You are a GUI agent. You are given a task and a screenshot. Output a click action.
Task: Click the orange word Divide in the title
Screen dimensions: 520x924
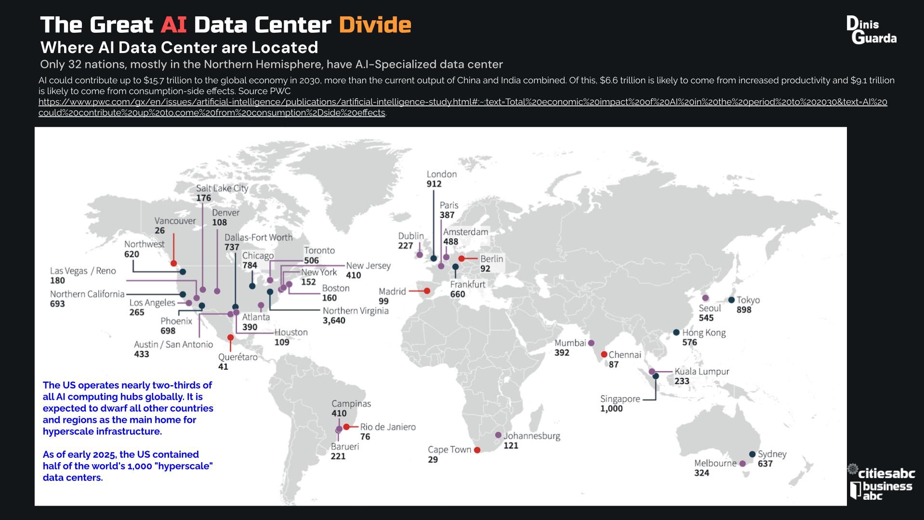(x=374, y=25)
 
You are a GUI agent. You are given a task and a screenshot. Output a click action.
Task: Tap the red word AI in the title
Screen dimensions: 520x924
(x=173, y=25)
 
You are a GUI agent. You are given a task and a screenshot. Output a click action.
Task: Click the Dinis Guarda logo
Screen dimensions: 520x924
(x=871, y=30)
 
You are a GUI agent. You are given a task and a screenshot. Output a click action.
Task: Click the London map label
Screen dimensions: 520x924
(x=441, y=174)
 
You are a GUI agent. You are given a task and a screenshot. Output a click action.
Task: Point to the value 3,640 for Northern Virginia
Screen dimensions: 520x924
(x=334, y=321)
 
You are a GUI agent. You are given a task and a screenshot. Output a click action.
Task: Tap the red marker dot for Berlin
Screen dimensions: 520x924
(x=462, y=259)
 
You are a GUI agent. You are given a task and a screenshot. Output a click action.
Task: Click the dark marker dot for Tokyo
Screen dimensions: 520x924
(x=731, y=300)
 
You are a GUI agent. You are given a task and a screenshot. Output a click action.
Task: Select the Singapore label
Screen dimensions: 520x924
(x=620, y=399)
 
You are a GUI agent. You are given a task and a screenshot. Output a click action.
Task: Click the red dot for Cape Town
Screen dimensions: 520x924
(x=477, y=450)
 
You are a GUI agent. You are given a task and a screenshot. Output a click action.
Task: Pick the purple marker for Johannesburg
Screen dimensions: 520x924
(x=498, y=435)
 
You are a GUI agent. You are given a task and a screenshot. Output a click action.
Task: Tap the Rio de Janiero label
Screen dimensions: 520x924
(x=387, y=427)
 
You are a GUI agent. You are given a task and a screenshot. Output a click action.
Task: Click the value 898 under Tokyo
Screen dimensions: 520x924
(x=743, y=310)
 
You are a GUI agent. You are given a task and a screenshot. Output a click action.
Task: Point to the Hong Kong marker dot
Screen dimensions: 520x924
(x=676, y=332)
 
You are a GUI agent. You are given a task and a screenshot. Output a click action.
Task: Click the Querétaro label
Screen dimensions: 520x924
(x=238, y=357)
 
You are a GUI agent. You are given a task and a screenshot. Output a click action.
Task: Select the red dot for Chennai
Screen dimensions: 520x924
(x=604, y=354)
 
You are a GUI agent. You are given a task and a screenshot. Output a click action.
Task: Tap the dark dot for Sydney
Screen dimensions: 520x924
(x=752, y=454)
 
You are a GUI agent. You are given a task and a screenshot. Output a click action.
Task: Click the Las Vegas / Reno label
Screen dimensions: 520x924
(x=83, y=271)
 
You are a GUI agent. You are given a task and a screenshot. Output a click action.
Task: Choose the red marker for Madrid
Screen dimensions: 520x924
(x=427, y=291)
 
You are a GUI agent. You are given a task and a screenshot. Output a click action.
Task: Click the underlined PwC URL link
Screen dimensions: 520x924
(x=462, y=102)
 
